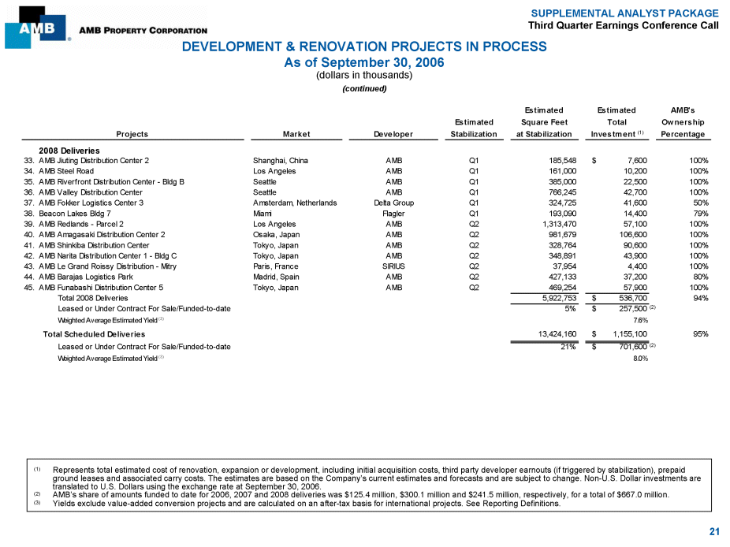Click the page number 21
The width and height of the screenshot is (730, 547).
(x=714, y=532)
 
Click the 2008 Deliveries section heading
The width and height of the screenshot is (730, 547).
(x=69, y=150)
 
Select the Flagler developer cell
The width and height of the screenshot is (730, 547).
(x=393, y=214)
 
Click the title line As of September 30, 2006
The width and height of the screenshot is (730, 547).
(x=363, y=62)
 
